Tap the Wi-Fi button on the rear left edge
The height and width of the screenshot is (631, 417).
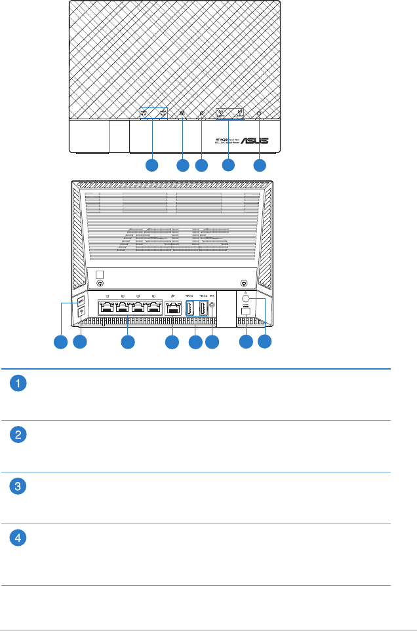tap(81, 313)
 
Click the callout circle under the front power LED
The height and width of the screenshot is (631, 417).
tap(260, 165)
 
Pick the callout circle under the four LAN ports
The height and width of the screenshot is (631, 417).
tap(128, 341)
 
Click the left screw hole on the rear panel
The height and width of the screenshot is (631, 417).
tap(100, 284)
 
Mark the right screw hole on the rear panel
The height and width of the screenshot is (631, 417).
tap(243, 284)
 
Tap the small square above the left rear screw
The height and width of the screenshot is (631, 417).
tap(100, 274)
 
